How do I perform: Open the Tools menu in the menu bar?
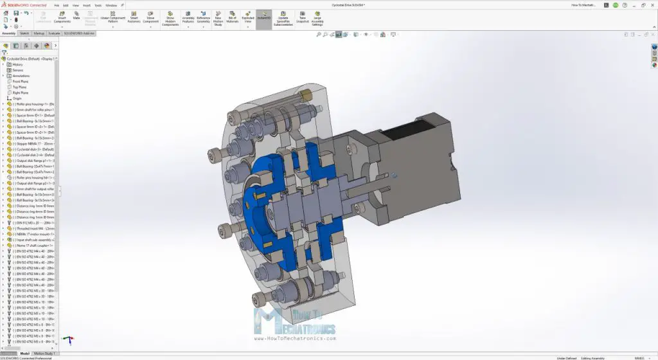98,4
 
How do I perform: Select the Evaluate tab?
54,33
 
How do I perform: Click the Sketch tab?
24,33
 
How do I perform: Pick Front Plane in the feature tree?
21,82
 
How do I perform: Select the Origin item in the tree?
17,98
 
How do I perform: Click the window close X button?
652,4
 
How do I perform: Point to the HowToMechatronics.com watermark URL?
296,338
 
